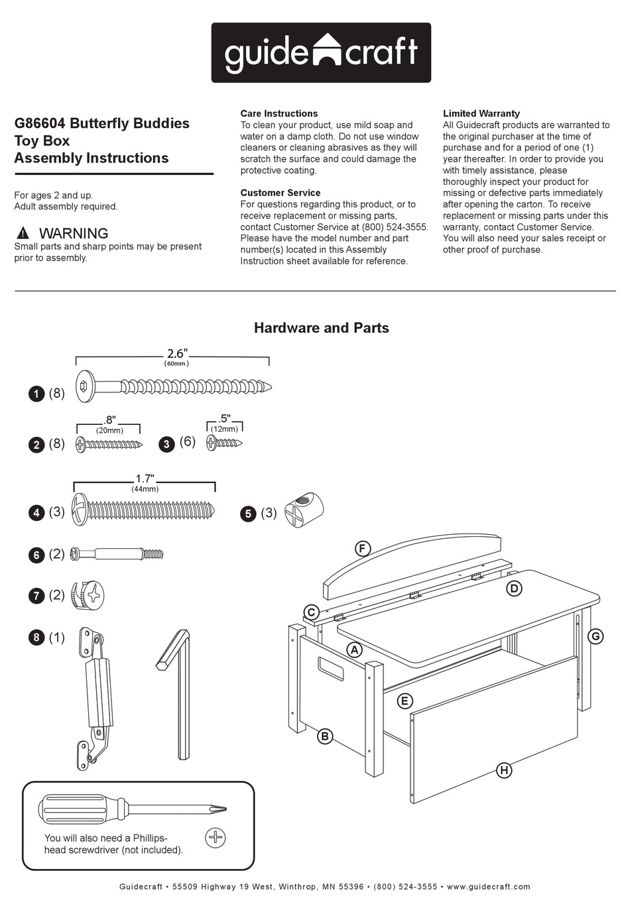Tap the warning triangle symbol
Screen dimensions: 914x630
[23, 233]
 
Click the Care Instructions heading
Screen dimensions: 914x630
[279, 113]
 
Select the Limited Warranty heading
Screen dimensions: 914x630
[481, 113]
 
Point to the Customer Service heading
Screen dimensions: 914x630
[280, 193]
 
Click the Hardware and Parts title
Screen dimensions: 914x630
[321, 327]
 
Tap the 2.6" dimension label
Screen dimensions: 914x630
[176, 354]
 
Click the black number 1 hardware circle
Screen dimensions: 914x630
[36, 394]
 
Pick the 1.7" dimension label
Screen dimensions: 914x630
[145, 479]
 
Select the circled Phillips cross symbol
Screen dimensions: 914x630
[216, 838]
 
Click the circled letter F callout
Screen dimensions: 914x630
[362, 548]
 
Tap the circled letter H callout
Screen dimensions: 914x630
[504, 770]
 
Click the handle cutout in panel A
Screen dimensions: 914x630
[330, 669]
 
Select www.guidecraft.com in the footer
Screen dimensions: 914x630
[488, 886]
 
